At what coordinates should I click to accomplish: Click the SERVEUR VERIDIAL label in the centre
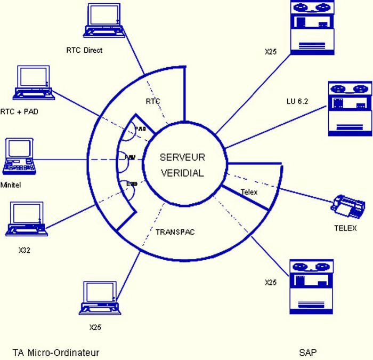pyautogui.click(x=182, y=165)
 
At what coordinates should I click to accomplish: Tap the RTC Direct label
pyautogui.click(x=84, y=50)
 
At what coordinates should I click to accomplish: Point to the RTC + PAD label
pyautogui.click(x=20, y=111)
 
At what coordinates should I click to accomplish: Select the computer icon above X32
pyautogui.click(x=26, y=219)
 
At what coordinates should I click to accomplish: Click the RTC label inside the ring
pyautogui.click(x=153, y=101)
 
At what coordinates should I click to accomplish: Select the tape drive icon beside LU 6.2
pyautogui.click(x=350, y=107)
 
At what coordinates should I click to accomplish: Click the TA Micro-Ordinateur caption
pyautogui.click(x=56, y=352)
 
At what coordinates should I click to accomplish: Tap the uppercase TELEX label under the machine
pyautogui.click(x=345, y=228)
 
